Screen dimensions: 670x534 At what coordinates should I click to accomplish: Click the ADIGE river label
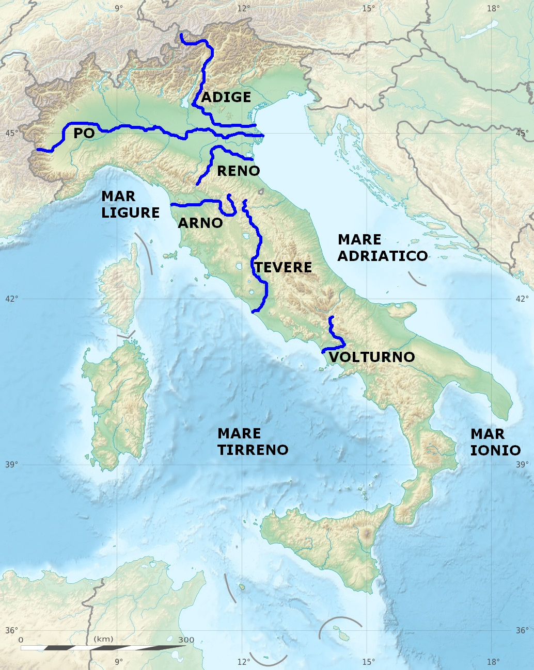click(x=226, y=97)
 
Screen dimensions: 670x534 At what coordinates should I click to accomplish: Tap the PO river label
click(x=84, y=134)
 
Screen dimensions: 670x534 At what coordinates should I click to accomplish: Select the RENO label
click(x=238, y=171)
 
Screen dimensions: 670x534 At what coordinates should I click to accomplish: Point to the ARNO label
click(x=200, y=223)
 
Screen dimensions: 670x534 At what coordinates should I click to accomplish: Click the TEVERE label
click(x=283, y=267)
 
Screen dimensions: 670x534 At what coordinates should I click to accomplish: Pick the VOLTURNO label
click(x=372, y=357)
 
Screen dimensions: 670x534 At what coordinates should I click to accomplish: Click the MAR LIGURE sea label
click(x=130, y=204)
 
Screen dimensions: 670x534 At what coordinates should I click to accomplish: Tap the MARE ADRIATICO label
click(x=383, y=248)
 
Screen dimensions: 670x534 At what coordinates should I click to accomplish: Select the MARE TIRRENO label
click(x=253, y=442)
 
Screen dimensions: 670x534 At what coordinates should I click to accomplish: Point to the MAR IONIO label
click(x=495, y=442)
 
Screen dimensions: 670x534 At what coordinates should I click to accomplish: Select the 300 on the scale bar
click(x=186, y=640)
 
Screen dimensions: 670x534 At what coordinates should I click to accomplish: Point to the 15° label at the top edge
click(x=368, y=8)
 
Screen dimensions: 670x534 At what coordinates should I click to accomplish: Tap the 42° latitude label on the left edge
click(x=11, y=299)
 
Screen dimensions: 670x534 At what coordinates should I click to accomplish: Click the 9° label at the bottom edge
click(x=119, y=662)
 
